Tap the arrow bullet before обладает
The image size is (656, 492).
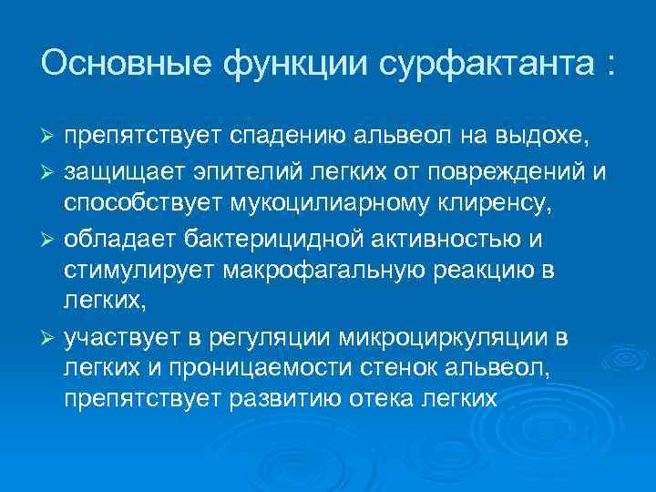coord(49,240)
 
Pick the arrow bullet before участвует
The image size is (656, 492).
coord(49,339)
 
